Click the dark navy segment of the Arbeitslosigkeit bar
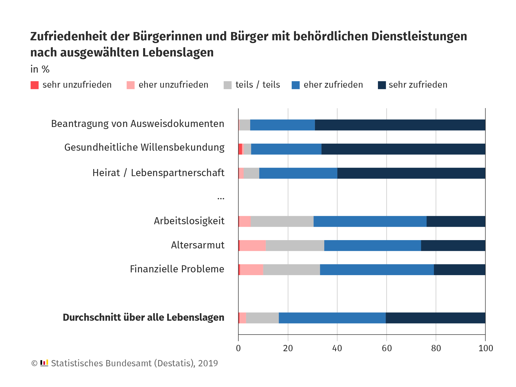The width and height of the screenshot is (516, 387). point(456,221)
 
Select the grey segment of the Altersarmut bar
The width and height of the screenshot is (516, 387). point(295,246)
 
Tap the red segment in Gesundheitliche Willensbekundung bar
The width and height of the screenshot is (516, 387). point(240,149)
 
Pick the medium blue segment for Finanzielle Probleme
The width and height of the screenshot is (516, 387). point(377,270)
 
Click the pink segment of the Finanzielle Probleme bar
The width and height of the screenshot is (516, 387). point(251,270)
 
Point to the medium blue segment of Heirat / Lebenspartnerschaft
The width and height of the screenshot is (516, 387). point(298,173)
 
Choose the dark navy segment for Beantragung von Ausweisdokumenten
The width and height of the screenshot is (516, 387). point(400,125)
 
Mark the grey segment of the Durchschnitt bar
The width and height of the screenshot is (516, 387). point(262,318)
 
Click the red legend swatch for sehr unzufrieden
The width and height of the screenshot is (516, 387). point(35,85)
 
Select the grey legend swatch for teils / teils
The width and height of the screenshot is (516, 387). point(228,85)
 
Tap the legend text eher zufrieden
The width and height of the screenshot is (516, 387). point(333,85)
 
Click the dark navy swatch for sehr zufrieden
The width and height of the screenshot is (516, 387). point(382,85)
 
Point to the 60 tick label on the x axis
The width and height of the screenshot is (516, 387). point(386,348)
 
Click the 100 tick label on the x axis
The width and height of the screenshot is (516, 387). point(486,348)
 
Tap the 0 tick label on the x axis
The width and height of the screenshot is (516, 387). point(238,348)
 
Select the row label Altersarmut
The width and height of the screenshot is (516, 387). point(198,245)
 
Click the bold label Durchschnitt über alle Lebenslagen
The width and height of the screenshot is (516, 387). point(143,317)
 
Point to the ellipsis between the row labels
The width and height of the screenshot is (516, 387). point(221,199)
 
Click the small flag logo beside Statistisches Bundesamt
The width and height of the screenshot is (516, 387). point(44,363)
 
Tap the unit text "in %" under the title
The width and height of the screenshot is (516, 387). point(40,69)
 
